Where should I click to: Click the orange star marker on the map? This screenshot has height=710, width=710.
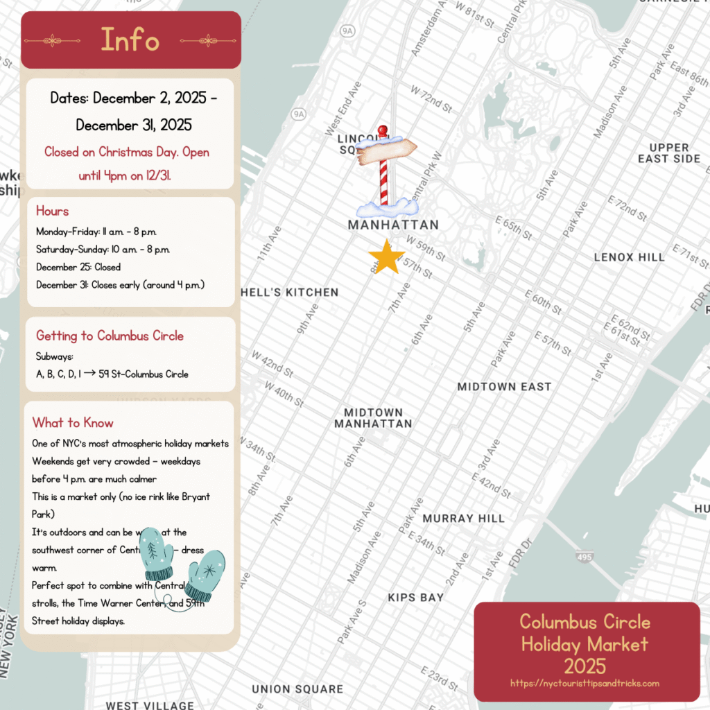click(387, 257)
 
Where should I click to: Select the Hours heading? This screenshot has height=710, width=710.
click(53, 211)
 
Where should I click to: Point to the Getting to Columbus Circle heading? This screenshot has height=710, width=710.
click(110, 336)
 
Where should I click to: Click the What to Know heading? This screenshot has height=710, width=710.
click(73, 422)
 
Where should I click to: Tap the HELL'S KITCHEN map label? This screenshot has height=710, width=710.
click(290, 293)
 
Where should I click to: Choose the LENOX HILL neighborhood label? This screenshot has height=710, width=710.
click(629, 257)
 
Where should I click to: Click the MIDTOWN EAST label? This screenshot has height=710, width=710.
click(504, 387)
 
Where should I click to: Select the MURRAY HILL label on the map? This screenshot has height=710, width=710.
click(464, 519)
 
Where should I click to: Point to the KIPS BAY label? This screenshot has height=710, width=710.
click(415, 597)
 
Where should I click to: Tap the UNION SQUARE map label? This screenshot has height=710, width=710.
click(297, 689)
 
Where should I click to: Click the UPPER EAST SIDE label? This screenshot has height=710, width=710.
click(669, 153)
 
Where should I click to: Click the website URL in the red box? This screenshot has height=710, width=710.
click(585, 683)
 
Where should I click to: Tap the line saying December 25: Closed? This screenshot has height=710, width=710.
click(78, 267)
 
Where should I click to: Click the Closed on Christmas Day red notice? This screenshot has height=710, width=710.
click(126, 164)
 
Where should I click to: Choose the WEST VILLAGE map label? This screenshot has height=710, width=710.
click(150, 705)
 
